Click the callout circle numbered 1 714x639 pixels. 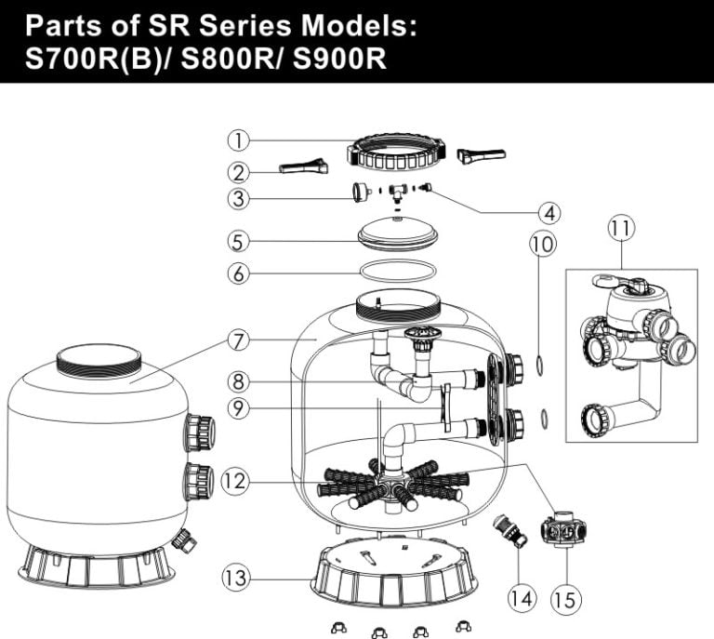239,140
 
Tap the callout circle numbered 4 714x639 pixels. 550,212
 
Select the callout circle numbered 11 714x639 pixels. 621,227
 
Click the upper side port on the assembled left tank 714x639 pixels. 199,433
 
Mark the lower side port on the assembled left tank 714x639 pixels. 198,481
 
